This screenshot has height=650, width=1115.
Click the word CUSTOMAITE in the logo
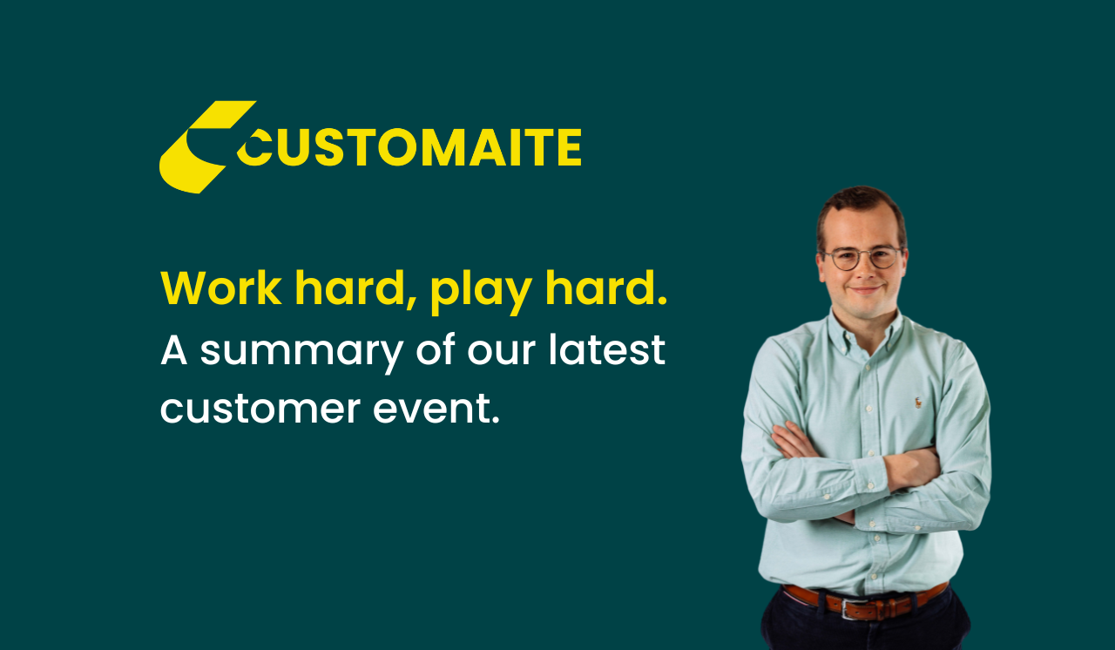(409, 147)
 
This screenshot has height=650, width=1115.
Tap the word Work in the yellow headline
(220, 288)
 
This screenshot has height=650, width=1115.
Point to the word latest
(607, 349)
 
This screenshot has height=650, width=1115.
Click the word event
(436, 409)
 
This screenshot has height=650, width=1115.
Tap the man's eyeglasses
(862, 258)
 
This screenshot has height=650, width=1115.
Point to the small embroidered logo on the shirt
(917, 403)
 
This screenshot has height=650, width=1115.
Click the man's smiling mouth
(865, 289)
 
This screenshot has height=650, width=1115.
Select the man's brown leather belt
(865, 602)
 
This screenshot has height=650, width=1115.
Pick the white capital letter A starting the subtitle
(173, 350)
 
